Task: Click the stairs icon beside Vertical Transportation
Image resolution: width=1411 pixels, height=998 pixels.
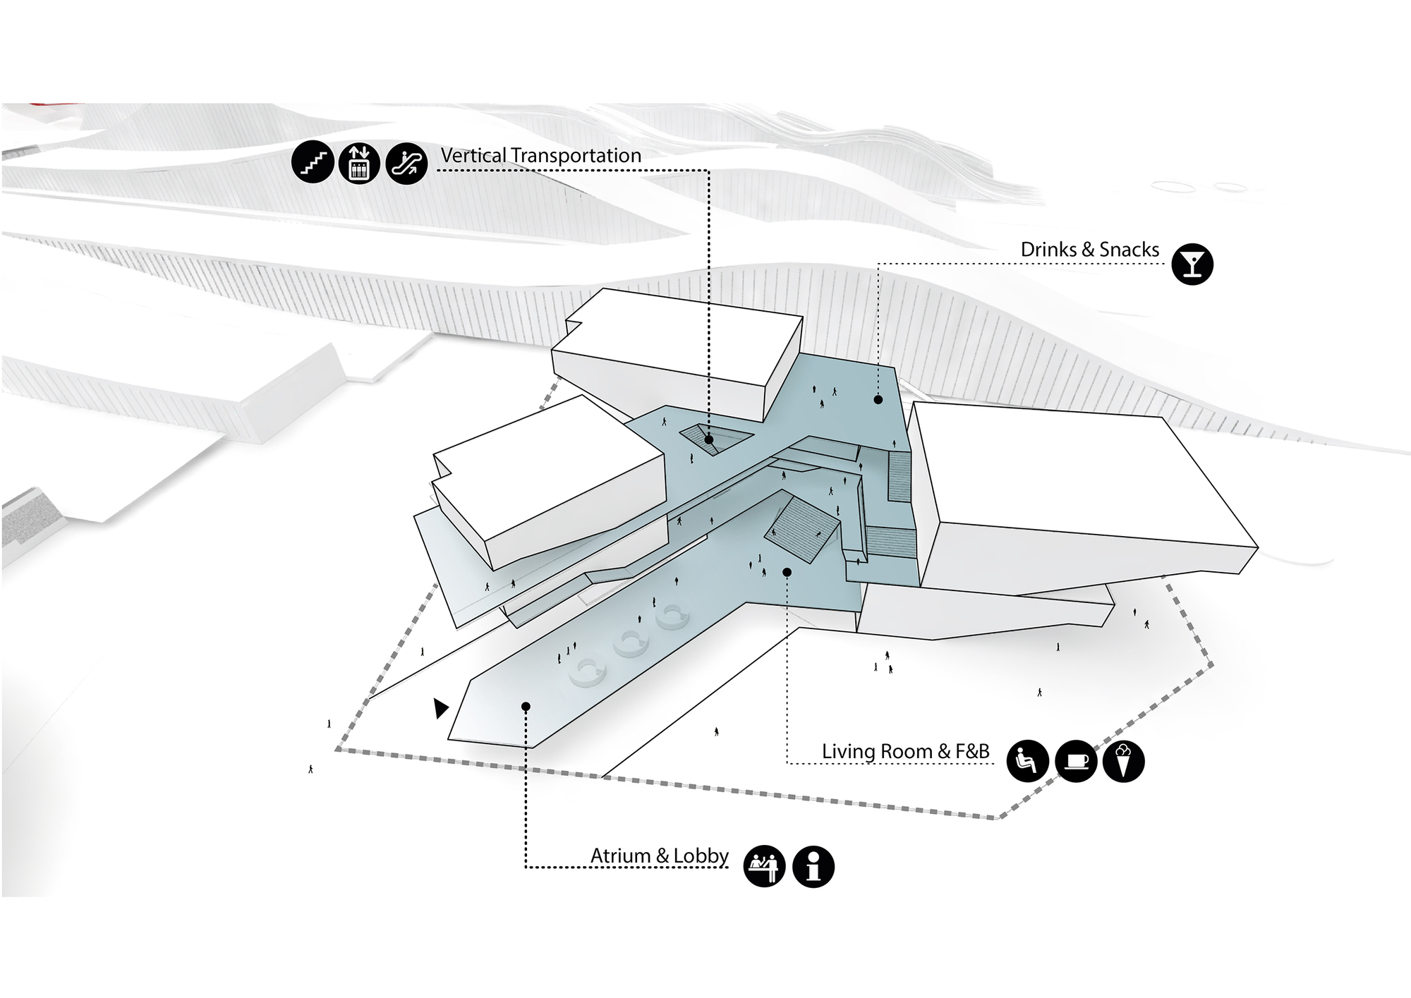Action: (x=313, y=163)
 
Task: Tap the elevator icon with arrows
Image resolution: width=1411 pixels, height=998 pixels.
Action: (x=360, y=163)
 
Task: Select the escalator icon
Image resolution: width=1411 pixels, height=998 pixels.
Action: (x=407, y=163)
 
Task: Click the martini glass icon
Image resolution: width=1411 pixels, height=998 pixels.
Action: (x=1192, y=264)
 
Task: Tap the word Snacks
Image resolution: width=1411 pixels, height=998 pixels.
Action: (x=1129, y=250)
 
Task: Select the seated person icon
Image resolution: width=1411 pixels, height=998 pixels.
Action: (x=1027, y=762)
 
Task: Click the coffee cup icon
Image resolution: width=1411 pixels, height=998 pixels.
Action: (x=1076, y=762)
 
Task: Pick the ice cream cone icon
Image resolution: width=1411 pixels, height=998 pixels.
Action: (x=1123, y=762)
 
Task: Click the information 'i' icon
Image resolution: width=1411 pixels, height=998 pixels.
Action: (x=813, y=866)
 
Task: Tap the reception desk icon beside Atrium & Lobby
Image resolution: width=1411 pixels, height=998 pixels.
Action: (x=765, y=866)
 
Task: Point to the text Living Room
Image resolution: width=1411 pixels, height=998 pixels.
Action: (x=878, y=752)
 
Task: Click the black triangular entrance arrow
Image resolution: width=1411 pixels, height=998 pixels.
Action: (x=440, y=708)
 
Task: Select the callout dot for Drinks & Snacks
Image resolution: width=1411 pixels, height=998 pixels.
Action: (x=878, y=400)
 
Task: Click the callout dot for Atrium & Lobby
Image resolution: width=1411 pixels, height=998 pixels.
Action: (x=526, y=706)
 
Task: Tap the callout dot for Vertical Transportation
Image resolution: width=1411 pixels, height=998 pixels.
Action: (x=709, y=439)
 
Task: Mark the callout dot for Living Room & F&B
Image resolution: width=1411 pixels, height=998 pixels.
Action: (x=787, y=572)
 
